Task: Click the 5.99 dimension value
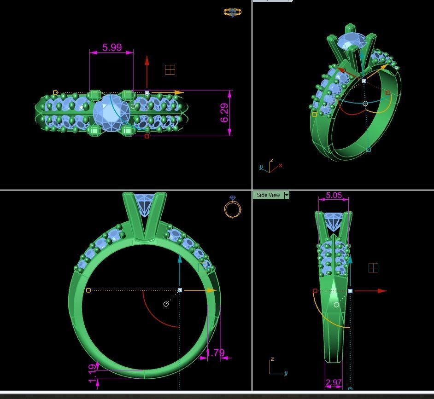[x=112, y=47]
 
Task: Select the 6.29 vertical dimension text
[x=224, y=113]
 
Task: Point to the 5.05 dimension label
[x=334, y=195]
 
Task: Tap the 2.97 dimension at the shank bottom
[x=334, y=382]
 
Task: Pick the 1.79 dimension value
[x=215, y=353]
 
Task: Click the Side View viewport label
[x=268, y=195]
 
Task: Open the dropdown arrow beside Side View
[x=287, y=195]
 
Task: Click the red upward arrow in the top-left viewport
[x=147, y=64]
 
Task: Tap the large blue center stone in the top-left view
[x=111, y=113]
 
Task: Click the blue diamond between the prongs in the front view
[x=145, y=204]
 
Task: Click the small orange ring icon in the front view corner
[x=233, y=208]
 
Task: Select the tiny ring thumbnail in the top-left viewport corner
[x=233, y=12]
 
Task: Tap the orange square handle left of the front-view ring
[x=88, y=290]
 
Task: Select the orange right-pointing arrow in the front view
[x=211, y=290]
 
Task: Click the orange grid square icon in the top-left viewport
[x=170, y=69]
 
